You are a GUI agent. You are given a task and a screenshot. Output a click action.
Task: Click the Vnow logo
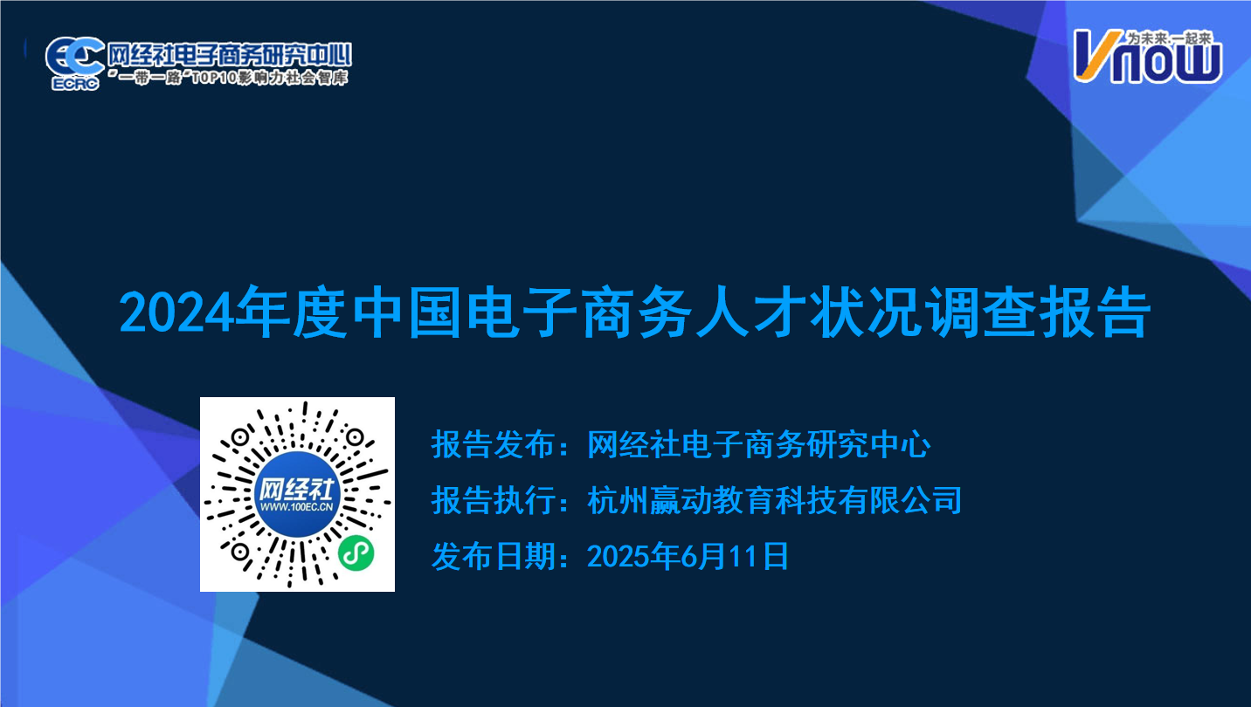(1148, 57)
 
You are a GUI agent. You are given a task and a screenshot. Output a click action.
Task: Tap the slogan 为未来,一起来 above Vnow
(1169, 38)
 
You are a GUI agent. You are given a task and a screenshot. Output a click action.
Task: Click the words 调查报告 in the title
(1038, 312)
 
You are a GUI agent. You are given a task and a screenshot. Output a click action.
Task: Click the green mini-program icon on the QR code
(356, 553)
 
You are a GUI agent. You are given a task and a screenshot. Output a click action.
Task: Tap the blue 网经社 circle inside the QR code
(297, 495)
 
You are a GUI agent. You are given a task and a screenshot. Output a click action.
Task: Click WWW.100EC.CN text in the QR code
(297, 507)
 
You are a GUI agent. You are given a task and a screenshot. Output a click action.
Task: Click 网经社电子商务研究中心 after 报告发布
(758, 445)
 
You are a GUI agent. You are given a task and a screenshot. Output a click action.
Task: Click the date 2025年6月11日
(688, 556)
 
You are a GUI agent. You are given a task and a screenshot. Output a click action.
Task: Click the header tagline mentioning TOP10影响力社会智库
(229, 77)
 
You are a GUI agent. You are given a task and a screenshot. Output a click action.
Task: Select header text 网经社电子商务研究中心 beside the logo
(230, 54)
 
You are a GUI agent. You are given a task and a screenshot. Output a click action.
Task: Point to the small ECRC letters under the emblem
(75, 84)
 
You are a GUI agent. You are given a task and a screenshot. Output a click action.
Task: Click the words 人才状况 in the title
(808, 312)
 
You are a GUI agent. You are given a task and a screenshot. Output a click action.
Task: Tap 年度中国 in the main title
(349, 312)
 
